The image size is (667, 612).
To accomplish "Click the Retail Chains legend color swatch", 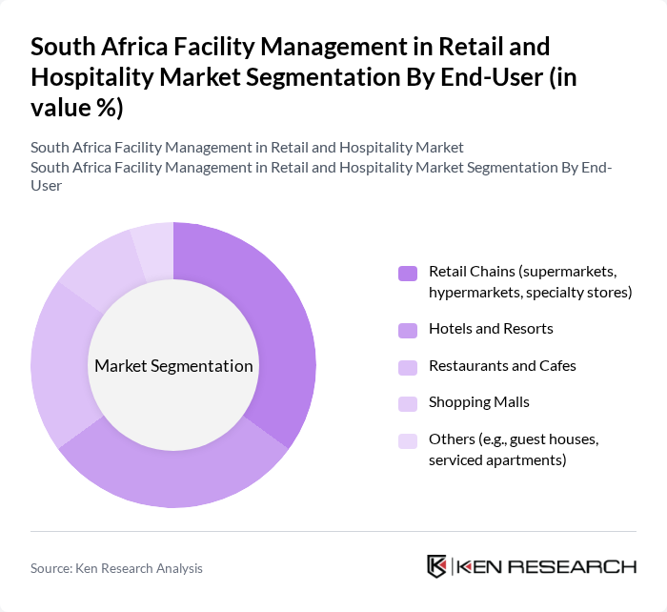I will (408, 274).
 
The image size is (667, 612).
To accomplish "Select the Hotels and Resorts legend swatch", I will (408, 329).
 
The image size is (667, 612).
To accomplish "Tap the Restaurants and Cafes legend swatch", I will (408, 366).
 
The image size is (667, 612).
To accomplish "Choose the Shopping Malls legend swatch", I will (408, 403).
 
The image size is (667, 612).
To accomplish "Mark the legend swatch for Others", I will (408, 440).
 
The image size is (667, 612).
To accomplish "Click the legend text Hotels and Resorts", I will (491, 329).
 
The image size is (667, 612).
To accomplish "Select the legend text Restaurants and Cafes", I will (502, 366).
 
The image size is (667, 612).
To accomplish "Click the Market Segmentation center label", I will (173, 366).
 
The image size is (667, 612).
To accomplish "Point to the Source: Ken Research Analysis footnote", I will (116, 568).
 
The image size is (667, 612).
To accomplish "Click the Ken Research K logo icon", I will (436, 566).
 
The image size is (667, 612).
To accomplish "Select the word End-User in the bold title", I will (496, 76).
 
